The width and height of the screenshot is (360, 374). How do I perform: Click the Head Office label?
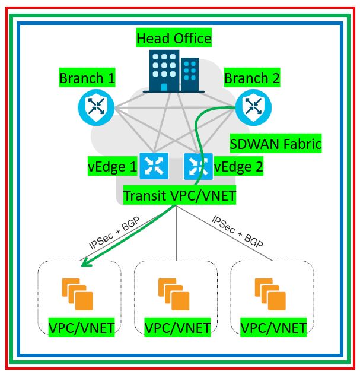point(174,39)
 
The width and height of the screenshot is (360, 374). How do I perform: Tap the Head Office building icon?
point(173,71)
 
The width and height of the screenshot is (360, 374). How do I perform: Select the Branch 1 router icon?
point(95,107)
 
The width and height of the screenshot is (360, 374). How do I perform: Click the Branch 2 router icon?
point(253,107)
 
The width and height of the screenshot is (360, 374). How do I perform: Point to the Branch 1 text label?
point(87,78)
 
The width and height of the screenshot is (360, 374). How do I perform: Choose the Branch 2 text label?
point(252,78)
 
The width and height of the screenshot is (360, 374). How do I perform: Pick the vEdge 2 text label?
point(238,167)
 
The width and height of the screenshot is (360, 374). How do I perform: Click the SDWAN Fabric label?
point(275,143)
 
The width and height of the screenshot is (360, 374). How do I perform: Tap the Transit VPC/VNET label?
point(180,195)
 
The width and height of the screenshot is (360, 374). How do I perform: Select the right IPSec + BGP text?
point(237,232)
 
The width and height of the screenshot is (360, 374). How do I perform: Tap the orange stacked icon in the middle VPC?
point(174,294)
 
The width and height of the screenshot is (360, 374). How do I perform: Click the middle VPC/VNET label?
point(177,327)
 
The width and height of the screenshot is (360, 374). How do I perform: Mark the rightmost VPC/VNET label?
point(273,327)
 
